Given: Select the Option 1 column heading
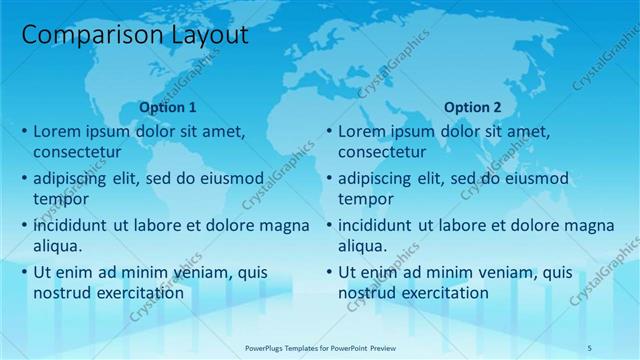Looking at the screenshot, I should click(x=168, y=107).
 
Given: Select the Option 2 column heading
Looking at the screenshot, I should click(x=472, y=107).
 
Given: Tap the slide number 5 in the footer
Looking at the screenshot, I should click(x=591, y=347).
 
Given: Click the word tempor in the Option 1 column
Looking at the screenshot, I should click(x=60, y=200).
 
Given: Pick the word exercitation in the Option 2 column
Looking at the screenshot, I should click(x=446, y=293).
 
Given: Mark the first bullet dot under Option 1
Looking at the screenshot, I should click(x=24, y=132).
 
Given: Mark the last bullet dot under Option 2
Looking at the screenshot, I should click(x=328, y=272).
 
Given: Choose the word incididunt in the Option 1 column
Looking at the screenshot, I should click(x=75, y=225).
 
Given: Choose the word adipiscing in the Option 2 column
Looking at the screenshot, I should click(x=382, y=179).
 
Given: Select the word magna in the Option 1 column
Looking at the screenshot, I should click(x=284, y=225).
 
